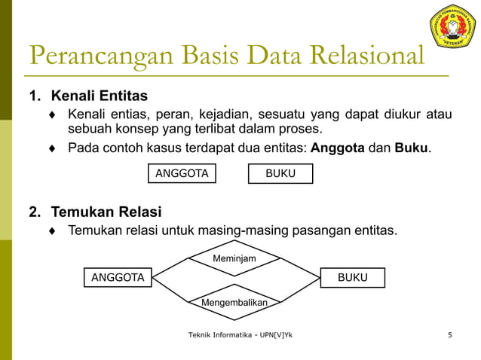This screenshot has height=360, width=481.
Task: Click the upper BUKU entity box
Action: tap(280, 174)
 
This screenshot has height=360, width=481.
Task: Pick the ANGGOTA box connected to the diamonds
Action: tap(118, 277)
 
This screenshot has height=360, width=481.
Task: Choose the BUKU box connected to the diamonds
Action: tap(352, 277)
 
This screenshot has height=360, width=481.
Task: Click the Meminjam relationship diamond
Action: tap(234, 259)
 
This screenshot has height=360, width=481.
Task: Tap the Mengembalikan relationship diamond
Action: tap(234, 302)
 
